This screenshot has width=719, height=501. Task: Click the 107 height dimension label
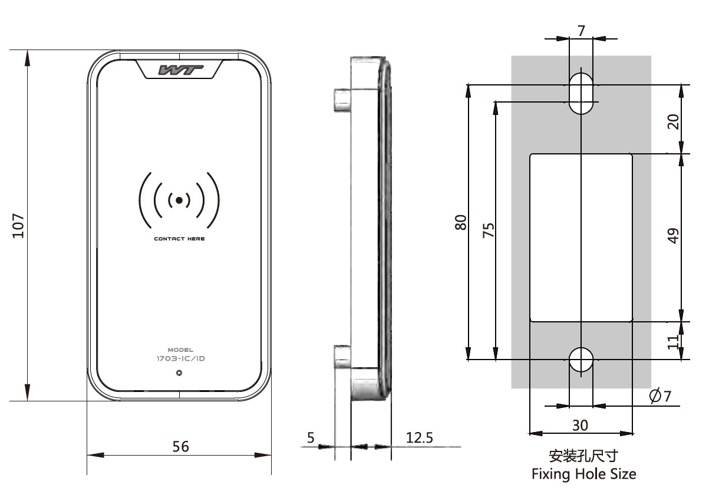18,225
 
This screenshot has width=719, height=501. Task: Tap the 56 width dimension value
180,446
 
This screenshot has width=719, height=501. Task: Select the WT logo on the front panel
181,70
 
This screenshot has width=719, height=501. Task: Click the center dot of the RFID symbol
179,200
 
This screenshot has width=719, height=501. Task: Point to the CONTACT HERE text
179,239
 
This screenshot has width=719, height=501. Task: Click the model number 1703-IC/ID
180,358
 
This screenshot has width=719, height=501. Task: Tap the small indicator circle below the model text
179,373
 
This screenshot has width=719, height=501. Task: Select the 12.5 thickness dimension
419,437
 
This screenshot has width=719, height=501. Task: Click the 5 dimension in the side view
311,437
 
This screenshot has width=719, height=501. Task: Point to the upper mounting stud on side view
341,100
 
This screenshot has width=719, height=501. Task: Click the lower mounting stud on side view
342,355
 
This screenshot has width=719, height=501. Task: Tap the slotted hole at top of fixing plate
581,93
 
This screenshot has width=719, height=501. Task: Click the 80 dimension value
461,222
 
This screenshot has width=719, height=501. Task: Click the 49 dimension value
674,235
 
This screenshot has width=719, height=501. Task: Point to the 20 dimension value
674,121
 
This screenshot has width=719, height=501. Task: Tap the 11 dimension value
674,342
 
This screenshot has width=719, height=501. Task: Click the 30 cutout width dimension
581,425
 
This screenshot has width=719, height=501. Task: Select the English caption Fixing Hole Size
583,473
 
